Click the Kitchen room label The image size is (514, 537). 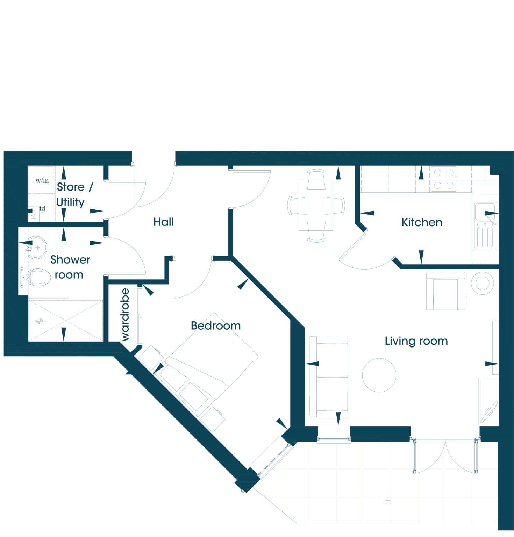[x=422, y=222]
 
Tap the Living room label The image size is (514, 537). [x=416, y=341]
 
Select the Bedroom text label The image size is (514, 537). [x=216, y=326]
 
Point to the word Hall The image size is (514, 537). [x=164, y=222]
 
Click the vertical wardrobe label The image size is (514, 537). [x=125, y=315]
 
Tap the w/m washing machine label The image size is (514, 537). [x=42, y=181]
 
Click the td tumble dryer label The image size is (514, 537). [x=42, y=208]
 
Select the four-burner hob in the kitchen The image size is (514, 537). [x=444, y=179]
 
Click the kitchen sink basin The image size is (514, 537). [x=485, y=212]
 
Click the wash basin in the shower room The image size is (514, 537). [x=37, y=247]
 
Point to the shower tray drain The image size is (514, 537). [x=40, y=321]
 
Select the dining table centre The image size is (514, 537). [x=316, y=206]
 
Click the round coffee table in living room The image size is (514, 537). [x=379, y=375]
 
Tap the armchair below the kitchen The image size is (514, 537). [x=445, y=291]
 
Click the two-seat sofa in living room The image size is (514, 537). [x=329, y=377]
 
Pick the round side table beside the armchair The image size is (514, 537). [x=482, y=283]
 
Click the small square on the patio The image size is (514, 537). [x=388, y=502]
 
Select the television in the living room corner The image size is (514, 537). [x=489, y=412]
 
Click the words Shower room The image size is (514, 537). [x=70, y=267]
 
